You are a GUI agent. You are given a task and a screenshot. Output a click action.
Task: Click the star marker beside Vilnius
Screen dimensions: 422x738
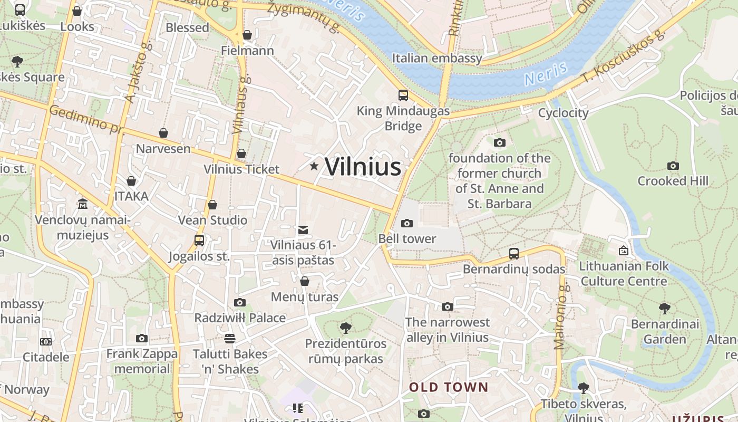pyautogui.click(x=314, y=167)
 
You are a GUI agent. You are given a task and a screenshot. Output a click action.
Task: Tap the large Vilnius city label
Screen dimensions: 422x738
pyautogui.click(x=363, y=167)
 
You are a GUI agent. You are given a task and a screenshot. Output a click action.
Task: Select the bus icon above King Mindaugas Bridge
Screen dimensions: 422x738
pyautogui.click(x=403, y=95)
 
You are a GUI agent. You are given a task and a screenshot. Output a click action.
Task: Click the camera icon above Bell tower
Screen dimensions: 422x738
pyautogui.click(x=406, y=223)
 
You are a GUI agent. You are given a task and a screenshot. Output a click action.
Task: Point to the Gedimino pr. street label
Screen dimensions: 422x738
pyautogui.click(x=84, y=120)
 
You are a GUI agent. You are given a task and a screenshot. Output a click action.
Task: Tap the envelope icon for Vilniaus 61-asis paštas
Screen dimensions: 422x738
pyautogui.click(x=303, y=230)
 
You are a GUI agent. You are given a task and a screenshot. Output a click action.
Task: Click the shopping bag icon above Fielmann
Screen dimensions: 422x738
pyautogui.click(x=247, y=35)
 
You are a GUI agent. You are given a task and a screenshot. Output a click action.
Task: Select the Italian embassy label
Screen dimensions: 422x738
pyautogui.click(x=437, y=58)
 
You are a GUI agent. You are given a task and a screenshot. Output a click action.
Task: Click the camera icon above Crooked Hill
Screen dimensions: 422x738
pyautogui.click(x=673, y=166)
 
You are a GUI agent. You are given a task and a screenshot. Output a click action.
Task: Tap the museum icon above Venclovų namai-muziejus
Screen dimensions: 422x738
pyautogui.click(x=83, y=204)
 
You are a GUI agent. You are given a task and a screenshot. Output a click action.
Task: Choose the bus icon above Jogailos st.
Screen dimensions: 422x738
pyautogui.click(x=199, y=241)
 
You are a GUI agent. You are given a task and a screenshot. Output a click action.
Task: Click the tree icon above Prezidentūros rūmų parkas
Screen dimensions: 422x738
pyautogui.click(x=346, y=328)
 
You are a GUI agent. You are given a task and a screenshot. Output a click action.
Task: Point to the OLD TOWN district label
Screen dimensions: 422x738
pyautogui.click(x=449, y=387)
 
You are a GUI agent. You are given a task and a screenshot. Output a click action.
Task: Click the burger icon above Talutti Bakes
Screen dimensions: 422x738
pyautogui.click(x=229, y=338)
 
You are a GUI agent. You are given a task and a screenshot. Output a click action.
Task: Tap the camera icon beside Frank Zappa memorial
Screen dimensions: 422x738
pyautogui.click(x=141, y=339)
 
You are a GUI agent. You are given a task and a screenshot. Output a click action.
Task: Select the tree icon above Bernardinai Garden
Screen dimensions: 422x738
pyautogui.click(x=665, y=308)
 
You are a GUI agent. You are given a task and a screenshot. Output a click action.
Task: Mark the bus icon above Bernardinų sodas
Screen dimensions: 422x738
pyautogui.click(x=514, y=254)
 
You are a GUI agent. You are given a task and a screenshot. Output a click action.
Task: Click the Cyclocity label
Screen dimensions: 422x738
pyautogui.click(x=563, y=113)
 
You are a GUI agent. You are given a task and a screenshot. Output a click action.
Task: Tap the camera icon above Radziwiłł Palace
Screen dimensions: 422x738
pyautogui.click(x=240, y=302)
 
